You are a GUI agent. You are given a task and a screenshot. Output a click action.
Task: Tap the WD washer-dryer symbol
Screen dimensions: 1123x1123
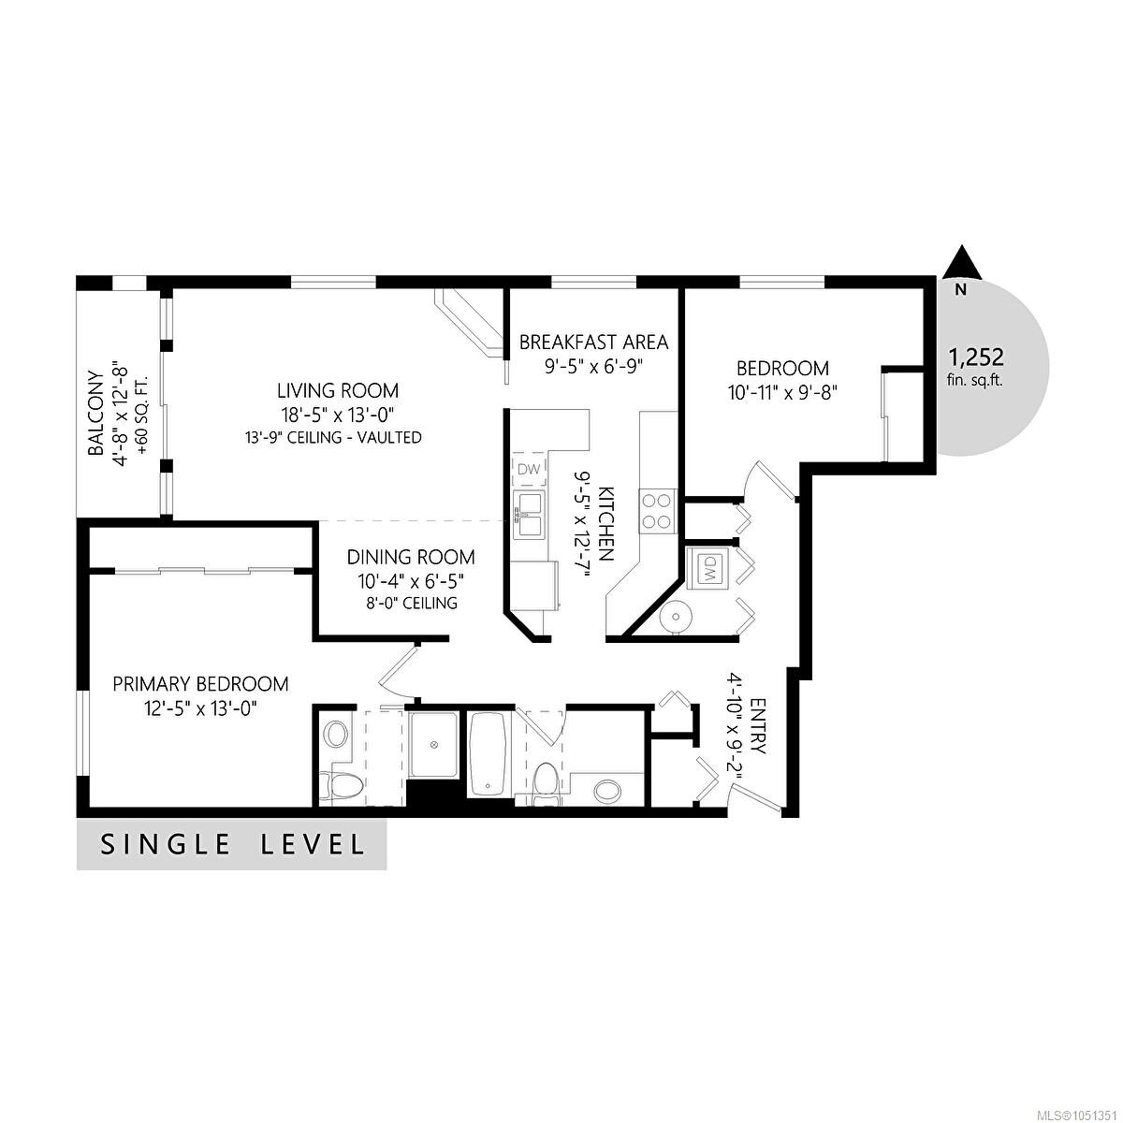709,565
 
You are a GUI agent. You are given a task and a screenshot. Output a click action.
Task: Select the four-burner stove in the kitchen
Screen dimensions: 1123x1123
657,511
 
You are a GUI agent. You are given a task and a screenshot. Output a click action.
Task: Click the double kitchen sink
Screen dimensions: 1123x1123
529,514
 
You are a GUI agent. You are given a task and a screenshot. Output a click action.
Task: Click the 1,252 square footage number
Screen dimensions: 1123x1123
976,356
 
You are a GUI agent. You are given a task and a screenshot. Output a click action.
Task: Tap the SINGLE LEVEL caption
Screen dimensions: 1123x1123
232,844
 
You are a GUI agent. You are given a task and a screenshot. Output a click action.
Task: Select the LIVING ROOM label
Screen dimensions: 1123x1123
338,390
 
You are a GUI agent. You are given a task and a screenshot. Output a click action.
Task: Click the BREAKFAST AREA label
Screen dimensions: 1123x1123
593,343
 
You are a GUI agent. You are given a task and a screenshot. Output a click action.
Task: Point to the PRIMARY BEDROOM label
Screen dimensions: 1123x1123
200,683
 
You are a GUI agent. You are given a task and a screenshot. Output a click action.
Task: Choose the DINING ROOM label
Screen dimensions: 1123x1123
411,557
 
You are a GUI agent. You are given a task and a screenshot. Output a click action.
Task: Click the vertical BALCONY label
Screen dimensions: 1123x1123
96,413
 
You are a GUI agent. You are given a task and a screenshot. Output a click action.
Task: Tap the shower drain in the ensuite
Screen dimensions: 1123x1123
433,744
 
